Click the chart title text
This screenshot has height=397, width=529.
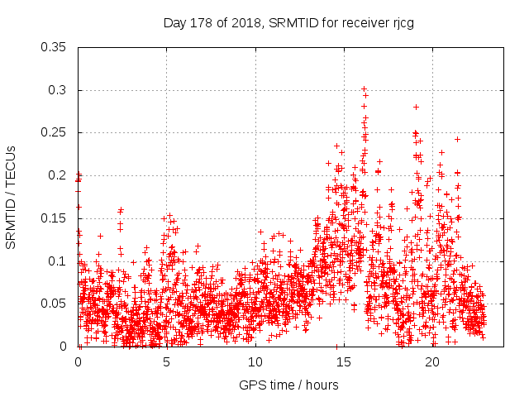tap(288, 22)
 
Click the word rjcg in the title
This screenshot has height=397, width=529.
tap(401, 22)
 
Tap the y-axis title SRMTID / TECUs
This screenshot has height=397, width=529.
tap(12, 196)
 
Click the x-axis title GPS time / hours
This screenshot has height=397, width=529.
tap(288, 385)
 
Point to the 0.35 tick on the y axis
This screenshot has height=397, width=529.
tap(55, 47)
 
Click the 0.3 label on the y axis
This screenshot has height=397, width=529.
tap(58, 90)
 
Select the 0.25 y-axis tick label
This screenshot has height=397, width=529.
tap(55, 132)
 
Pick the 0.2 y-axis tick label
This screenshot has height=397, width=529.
tap(58, 175)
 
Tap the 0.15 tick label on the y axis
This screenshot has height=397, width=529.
tap(55, 218)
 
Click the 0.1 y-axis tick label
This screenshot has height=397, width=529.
tap(58, 261)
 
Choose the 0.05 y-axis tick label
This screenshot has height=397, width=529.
tap(55, 304)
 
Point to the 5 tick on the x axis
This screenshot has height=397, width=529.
tap(167, 361)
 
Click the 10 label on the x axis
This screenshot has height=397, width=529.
tap(255, 361)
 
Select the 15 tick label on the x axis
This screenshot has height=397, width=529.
tap(344, 361)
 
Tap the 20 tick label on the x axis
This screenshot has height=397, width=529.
tap(432, 361)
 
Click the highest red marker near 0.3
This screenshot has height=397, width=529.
tap(364, 88)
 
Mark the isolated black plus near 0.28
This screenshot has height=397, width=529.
tap(416, 107)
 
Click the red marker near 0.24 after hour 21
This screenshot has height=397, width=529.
tap(457, 140)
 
